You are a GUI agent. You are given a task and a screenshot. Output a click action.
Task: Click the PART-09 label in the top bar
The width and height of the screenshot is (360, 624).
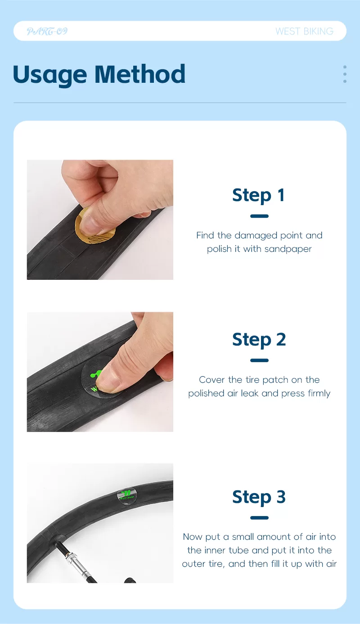pos(47,31)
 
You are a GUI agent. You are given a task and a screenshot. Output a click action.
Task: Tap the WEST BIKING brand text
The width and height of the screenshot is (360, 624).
pos(304,31)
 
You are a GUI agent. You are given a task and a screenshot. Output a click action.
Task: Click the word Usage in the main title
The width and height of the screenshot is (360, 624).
pos(50,74)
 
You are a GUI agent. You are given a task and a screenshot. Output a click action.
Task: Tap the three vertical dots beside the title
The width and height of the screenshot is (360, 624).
pos(345,74)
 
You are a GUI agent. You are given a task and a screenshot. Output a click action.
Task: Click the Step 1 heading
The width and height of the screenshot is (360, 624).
pos(259,195)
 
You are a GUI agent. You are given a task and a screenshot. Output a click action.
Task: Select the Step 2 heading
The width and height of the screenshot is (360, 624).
pos(259,340)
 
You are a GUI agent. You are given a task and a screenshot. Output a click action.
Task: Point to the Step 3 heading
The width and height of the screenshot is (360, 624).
pos(259,497)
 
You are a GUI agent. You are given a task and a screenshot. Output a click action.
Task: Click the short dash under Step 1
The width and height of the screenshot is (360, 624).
pos(259,216)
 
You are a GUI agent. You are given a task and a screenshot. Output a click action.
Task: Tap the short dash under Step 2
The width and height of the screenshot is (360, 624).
pos(259,360)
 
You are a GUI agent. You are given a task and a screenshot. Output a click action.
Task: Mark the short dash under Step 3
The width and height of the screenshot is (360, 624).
pos(259,518)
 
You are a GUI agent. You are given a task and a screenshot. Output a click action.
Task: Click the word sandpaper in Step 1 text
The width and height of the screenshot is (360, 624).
pos(288,249)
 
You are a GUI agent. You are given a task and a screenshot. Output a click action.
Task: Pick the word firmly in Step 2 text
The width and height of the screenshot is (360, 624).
pos(319,393)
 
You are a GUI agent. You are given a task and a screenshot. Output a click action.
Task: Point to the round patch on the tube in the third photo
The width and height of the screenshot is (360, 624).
pos(127,496)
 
